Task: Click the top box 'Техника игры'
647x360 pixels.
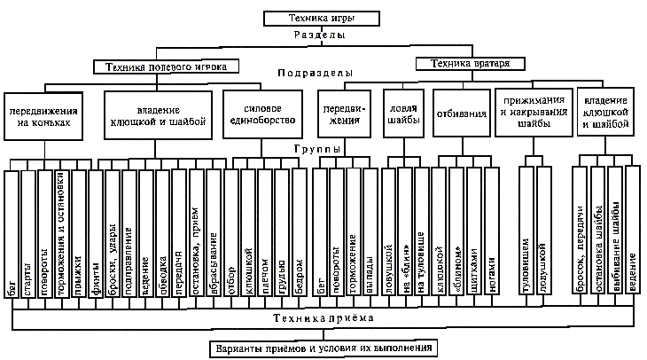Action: [322, 18]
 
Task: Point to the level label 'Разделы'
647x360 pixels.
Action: [321, 36]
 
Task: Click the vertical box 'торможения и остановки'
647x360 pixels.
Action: [61, 235]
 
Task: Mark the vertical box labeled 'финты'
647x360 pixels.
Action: [95, 235]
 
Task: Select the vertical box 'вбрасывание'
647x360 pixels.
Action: [213, 235]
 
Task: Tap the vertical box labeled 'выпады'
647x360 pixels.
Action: [369, 235]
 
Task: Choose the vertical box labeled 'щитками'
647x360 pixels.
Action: [472, 235]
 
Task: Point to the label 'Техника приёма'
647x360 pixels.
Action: [322, 317]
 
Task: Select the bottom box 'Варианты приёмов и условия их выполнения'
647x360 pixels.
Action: [322, 348]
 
